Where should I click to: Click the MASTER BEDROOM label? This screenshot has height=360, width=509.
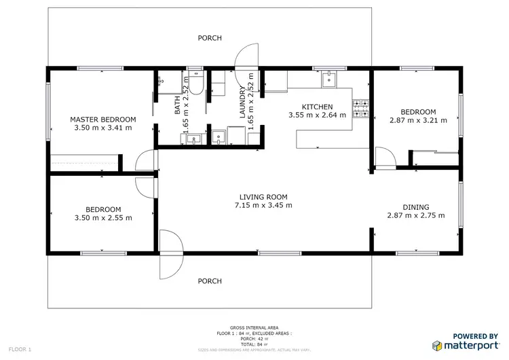coord(101,119)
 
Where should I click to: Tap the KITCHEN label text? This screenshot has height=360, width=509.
coord(317,107)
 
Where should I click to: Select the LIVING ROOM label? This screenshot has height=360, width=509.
coord(263,197)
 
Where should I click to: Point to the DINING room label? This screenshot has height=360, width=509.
coord(415,207)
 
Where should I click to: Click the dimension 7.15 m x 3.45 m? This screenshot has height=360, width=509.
coord(263,205)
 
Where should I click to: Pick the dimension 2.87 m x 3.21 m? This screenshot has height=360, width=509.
coord(418,120)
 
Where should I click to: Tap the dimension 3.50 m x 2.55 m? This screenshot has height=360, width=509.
coord(103,217)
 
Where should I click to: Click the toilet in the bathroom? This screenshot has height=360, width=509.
coord(195,84)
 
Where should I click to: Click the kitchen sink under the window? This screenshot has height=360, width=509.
coord(329,80)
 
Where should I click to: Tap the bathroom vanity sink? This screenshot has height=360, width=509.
coord(193,139)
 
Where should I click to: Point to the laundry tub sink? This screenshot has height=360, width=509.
coord(219,137)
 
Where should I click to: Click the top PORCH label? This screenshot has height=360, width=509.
coord(210,38)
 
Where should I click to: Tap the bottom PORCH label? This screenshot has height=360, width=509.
coord(210,281)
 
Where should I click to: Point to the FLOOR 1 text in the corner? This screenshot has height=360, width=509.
coord(20,349)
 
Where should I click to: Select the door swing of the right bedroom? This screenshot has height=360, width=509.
coord(385,159)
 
